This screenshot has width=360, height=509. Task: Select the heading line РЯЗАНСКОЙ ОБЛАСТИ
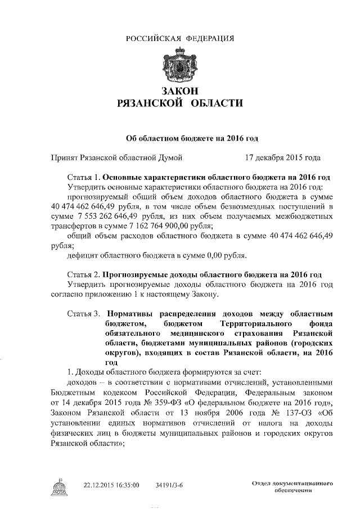(x=180, y=104)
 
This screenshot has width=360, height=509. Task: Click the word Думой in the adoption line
(x=168, y=158)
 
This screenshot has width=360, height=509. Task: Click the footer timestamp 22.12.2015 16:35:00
(x=111, y=485)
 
